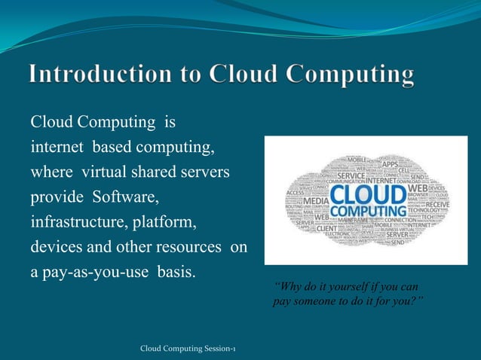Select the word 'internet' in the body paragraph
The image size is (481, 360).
56,146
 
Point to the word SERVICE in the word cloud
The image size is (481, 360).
351,176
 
